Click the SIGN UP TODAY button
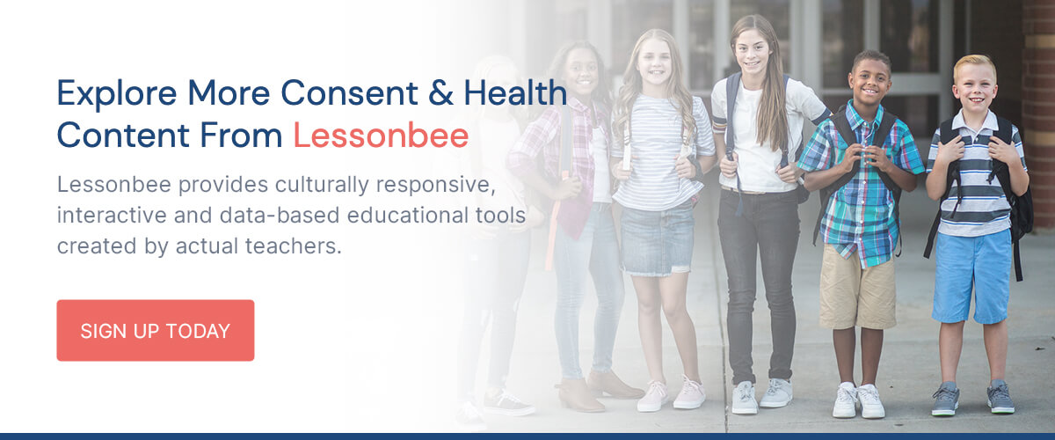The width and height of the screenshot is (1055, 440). point(156,330)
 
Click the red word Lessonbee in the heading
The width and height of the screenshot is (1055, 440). point(381,136)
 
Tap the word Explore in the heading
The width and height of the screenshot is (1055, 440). point(117,94)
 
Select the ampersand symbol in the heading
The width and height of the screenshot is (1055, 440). point(440,93)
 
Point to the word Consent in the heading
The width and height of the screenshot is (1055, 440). point(349,93)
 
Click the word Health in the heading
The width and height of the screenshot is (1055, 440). point(515,92)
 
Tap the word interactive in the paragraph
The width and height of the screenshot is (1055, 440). point(112,215)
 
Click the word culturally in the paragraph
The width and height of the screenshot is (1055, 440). point(322,185)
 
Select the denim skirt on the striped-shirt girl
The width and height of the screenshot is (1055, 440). point(657,240)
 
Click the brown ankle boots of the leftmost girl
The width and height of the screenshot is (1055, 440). point(598,391)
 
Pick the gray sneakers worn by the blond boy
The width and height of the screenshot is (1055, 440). point(972,399)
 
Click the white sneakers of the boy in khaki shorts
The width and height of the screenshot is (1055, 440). point(858,400)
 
